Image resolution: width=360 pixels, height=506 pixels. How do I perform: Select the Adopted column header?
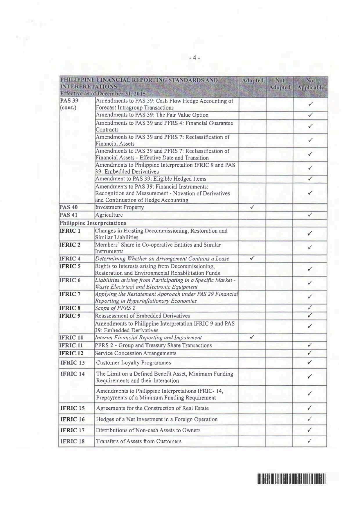253,80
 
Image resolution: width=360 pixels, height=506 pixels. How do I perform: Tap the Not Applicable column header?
310,84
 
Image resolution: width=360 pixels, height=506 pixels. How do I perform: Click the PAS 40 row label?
69,207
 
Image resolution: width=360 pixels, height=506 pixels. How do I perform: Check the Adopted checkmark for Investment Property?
252,207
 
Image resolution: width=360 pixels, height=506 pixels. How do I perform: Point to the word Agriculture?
109,215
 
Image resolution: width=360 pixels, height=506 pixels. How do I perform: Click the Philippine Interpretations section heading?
93,223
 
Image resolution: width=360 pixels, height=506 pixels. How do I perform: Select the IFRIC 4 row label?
70,259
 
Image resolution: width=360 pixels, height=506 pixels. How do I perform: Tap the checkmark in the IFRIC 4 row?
252,258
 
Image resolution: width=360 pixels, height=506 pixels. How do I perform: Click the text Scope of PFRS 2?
115,308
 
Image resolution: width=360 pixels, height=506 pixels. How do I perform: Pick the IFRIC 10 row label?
72,338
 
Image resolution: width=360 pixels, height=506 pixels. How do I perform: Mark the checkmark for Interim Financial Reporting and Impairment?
252,337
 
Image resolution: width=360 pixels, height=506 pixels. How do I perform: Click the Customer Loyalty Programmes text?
134,363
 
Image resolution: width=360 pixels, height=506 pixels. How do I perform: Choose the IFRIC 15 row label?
73,408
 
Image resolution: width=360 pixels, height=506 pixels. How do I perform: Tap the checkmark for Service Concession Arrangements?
310,353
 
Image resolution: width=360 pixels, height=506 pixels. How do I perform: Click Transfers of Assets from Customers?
139,441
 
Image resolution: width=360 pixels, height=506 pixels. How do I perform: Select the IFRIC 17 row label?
73,430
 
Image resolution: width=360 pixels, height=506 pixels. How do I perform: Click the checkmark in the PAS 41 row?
310,215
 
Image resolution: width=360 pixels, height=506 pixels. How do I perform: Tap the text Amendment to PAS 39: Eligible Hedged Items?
151,179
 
